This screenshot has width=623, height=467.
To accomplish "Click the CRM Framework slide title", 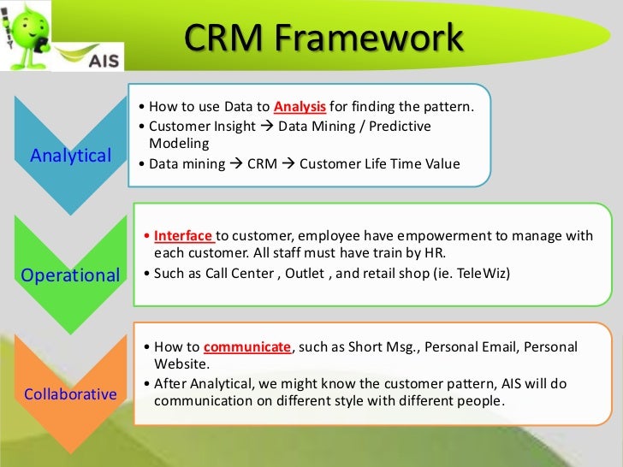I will [x=324, y=38].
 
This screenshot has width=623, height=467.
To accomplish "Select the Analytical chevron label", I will [x=71, y=155].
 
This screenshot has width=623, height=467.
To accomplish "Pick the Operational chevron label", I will [x=69, y=275].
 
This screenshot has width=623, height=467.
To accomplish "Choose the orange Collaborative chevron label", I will [x=70, y=394].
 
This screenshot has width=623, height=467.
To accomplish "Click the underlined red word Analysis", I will [x=300, y=107].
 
